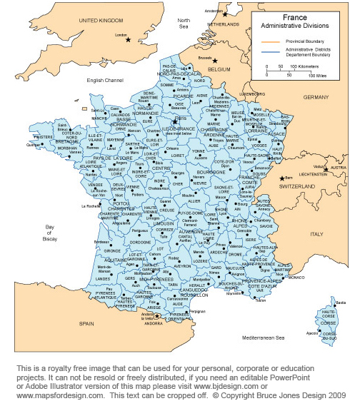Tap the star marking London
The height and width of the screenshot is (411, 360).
click(129, 39)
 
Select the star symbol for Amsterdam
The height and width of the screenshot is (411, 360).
click(224, 14)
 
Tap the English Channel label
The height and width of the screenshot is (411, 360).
click(106, 80)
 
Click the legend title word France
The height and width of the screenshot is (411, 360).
click(295, 16)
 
